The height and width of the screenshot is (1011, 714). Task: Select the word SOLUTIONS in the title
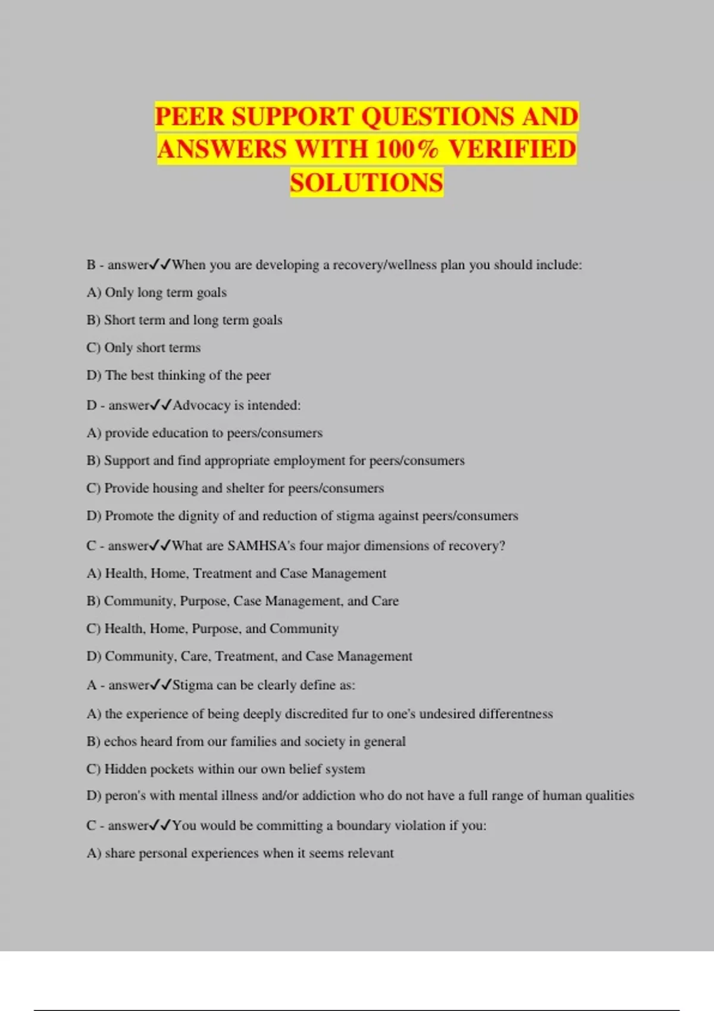click(x=367, y=183)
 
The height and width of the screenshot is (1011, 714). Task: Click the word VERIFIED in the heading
click(x=512, y=149)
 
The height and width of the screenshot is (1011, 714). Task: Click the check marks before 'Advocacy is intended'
click(x=161, y=406)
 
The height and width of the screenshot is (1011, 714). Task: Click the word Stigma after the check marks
click(x=192, y=685)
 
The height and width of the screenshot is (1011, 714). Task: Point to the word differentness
click(x=515, y=714)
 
